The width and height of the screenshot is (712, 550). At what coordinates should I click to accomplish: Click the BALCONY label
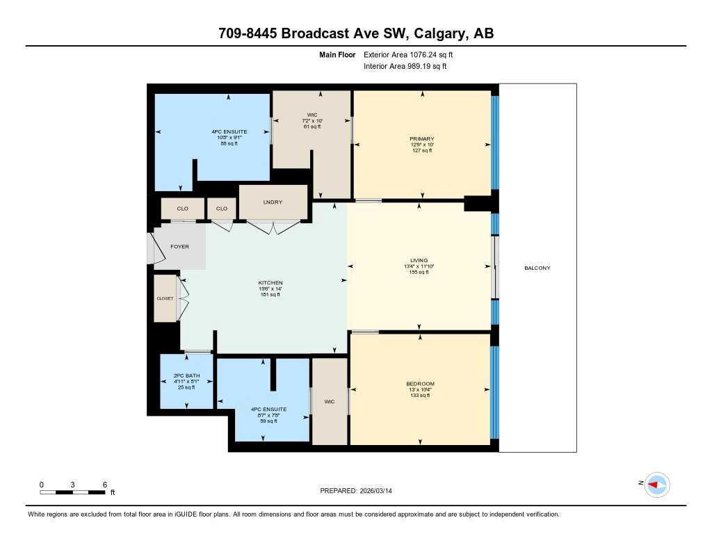[537, 268]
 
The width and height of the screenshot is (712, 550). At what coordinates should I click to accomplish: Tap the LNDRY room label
[273, 202]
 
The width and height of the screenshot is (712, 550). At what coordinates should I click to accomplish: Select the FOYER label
[179, 247]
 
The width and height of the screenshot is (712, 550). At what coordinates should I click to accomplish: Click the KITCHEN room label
[270, 283]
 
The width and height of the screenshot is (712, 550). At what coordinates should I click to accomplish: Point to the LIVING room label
[419, 260]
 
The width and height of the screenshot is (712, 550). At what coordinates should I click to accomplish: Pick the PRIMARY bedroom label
[421, 139]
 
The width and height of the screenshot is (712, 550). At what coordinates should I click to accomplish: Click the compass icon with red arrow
[656, 485]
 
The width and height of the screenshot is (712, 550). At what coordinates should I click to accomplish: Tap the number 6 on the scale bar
[104, 485]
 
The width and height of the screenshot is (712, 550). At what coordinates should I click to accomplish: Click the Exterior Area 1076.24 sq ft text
[408, 54]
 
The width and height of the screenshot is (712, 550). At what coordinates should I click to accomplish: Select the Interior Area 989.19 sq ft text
[405, 67]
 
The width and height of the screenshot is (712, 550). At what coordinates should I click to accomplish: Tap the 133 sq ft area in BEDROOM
[420, 396]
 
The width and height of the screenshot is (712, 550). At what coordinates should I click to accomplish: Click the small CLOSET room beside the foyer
[164, 298]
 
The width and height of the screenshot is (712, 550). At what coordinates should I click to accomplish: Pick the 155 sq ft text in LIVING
[419, 272]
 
